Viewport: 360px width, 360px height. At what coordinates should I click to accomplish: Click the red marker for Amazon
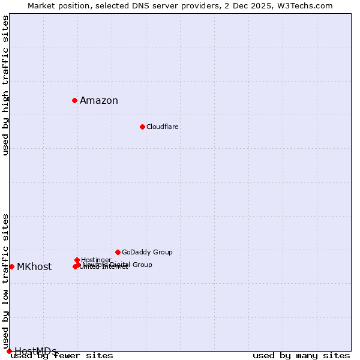click(x=74, y=100)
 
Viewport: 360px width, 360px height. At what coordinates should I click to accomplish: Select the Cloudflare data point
click(x=142, y=127)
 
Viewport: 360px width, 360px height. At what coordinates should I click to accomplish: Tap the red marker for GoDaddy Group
click(x=118, y=252)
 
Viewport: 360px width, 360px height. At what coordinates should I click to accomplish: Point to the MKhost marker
click(x=11, y=266)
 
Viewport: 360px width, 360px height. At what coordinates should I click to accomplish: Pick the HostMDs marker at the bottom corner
click(x=9, y=351)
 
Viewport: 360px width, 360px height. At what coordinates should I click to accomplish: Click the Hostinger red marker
click(x=77, y=260)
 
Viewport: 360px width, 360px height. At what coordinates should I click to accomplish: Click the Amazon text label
click(x=99, y=101)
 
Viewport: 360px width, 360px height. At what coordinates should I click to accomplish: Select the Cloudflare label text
click(x=163, y=127)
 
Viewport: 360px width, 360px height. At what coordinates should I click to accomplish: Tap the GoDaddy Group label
click(x=147, y=252)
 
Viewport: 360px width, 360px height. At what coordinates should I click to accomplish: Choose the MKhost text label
click(x=34, y=267)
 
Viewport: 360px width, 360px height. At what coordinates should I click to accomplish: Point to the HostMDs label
click(x=35, y=351)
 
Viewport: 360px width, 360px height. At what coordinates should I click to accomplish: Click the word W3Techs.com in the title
click(x=307, y=6)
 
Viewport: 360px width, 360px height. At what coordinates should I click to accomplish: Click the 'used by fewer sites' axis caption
click(x=62, y=356)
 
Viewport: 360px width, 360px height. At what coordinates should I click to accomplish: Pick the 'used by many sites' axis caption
click(x=301, y=356)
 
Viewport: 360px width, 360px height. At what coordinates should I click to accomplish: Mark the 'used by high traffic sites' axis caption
click(x=6, y=85)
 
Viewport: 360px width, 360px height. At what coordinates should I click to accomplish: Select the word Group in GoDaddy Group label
click(x=162, y=252)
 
